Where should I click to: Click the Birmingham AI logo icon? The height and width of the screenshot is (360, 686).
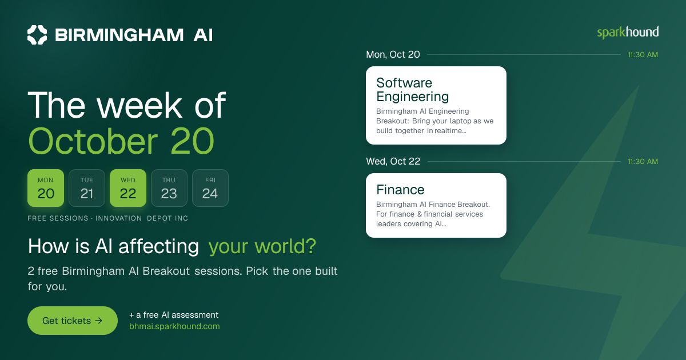tap(37, 35)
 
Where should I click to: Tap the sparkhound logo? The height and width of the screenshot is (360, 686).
tap(628, 33)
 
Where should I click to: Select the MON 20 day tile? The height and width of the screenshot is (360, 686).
tap(46, 188)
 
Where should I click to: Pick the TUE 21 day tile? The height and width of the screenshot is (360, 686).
tap(87, 188)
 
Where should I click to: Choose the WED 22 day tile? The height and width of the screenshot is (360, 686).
tap(128, 188)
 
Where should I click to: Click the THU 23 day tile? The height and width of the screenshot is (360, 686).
tap(169, 188)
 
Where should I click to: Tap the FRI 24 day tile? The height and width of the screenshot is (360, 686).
tap(210, 188)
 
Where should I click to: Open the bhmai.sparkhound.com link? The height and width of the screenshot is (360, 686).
tap(174, 326)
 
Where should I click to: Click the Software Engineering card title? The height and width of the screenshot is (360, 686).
tap(413, 90)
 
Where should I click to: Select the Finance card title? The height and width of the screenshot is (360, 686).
tap(400, 190)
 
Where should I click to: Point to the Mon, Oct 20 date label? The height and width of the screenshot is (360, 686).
tap(393, 54)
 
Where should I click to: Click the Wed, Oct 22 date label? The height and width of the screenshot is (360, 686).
tap(393, 161)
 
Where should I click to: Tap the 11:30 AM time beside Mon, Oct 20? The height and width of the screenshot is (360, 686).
tap(643, 55)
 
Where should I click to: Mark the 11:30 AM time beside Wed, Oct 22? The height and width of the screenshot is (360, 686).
tap(643, 162)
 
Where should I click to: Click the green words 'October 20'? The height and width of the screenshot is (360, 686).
tap(121, 142)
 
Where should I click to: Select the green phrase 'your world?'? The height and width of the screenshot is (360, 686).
tap(262, 246)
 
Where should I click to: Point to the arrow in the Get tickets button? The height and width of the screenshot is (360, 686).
tap(98, 321)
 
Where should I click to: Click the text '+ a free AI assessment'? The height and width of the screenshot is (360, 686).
tap(174, 315)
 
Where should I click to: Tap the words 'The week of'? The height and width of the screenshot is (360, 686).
tap(127, 105)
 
